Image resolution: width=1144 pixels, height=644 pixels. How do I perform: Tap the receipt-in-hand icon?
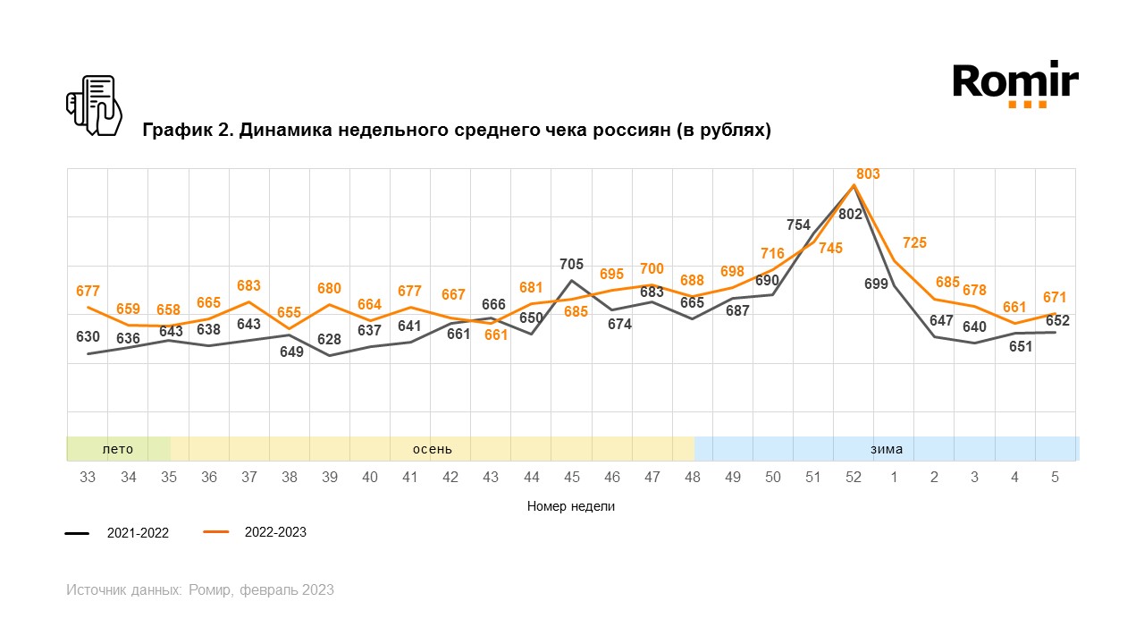click(93, 106)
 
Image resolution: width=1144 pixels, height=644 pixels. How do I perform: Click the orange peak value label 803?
click(868, 174)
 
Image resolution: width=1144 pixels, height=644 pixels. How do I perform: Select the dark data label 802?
click(851, 214)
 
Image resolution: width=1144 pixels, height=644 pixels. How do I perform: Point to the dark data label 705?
click(571, 264)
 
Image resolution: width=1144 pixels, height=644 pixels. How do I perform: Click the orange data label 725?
click(914, 242)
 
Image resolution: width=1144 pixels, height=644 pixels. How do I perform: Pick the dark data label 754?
click(798, 225)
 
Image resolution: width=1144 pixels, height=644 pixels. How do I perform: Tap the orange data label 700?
click(652, 268)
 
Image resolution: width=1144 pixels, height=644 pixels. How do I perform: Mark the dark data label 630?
click(88, 337)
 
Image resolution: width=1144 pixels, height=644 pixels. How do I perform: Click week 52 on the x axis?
click(854, 478)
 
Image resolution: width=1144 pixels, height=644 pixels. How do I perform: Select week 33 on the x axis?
click(88, 478)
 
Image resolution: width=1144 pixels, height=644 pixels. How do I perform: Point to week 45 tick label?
click(571, 478)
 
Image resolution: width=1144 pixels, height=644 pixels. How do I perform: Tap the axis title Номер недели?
click(571, 506)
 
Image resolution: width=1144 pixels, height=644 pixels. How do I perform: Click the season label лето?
click(118, 449)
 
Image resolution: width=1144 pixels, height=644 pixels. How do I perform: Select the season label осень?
click(432, 449)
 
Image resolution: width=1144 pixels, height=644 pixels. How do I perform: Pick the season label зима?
click(887, 449)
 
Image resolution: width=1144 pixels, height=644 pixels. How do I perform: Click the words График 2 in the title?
click(183, 131)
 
